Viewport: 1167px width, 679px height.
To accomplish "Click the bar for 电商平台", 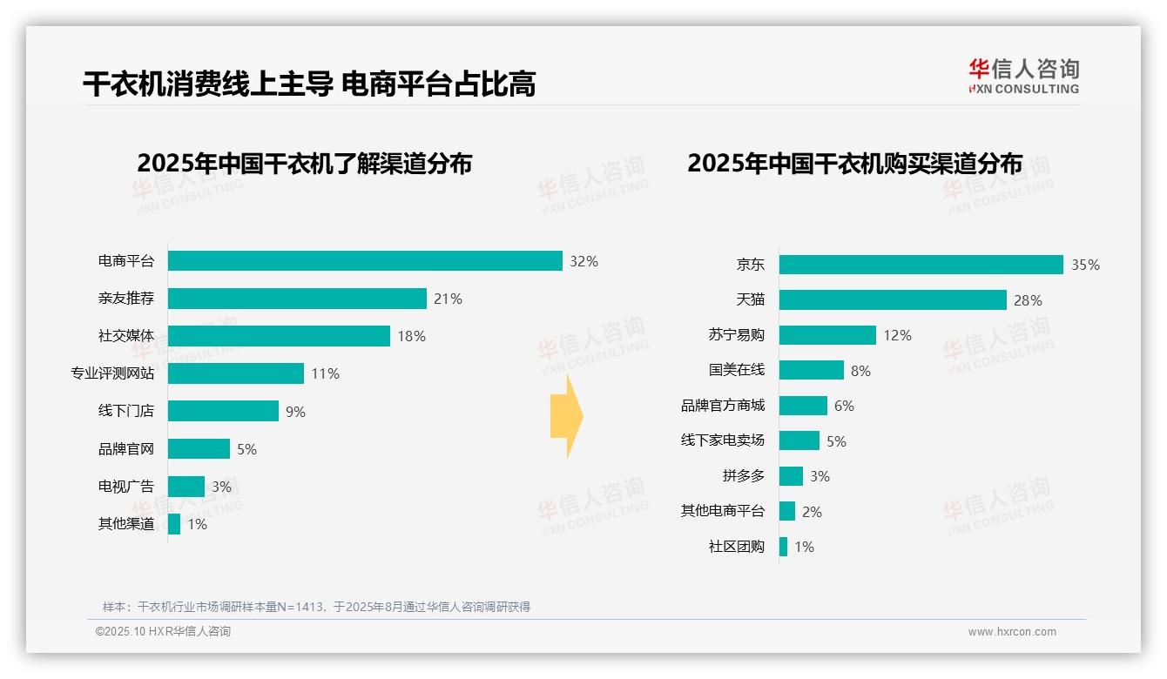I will (x=365, y=261).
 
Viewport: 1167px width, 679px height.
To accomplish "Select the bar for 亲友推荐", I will (x=297, y=299).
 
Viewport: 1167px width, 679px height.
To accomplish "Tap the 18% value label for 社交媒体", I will (x=411, y=336).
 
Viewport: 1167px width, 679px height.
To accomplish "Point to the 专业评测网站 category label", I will (x=112, y=373).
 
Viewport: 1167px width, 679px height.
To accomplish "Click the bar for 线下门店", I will (x=223, y=411).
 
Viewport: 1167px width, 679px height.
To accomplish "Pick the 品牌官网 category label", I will (x=125, y=449).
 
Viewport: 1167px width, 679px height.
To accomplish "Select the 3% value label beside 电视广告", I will (x=221, y=487).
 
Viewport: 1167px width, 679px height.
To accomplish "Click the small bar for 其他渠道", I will (x=174, y=524).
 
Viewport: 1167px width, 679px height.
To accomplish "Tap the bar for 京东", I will (x=921, y=265).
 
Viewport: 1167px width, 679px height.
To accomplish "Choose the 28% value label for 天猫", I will (x=1028, y=300).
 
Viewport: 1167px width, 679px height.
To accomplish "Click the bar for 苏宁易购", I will (x=827, y=335).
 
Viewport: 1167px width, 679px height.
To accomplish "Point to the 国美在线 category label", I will (x=736, y=370).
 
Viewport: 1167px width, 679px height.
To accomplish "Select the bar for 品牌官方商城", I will (x=803, y=406).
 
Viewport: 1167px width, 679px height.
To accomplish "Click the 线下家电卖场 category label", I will (x=722, y=440).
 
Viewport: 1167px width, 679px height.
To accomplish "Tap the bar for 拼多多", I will (x=791, y=476).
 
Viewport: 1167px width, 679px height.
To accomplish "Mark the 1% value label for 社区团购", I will (x=804, y=548).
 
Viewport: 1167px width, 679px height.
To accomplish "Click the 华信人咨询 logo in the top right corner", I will (x=1023, y=76).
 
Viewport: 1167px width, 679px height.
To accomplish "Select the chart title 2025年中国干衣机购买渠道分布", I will (x=854, y=164).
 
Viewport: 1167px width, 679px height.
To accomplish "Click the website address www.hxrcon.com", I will (x=1012, y=632).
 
